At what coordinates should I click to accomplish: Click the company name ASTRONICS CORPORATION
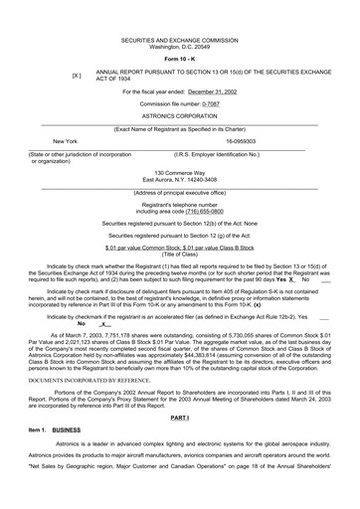(179, 116)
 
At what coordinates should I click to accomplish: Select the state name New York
(65, 142)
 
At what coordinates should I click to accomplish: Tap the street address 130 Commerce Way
(179, 172)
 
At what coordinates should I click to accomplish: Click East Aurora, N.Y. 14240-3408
(179, 179)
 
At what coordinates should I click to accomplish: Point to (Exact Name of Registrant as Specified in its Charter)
(179, 128)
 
